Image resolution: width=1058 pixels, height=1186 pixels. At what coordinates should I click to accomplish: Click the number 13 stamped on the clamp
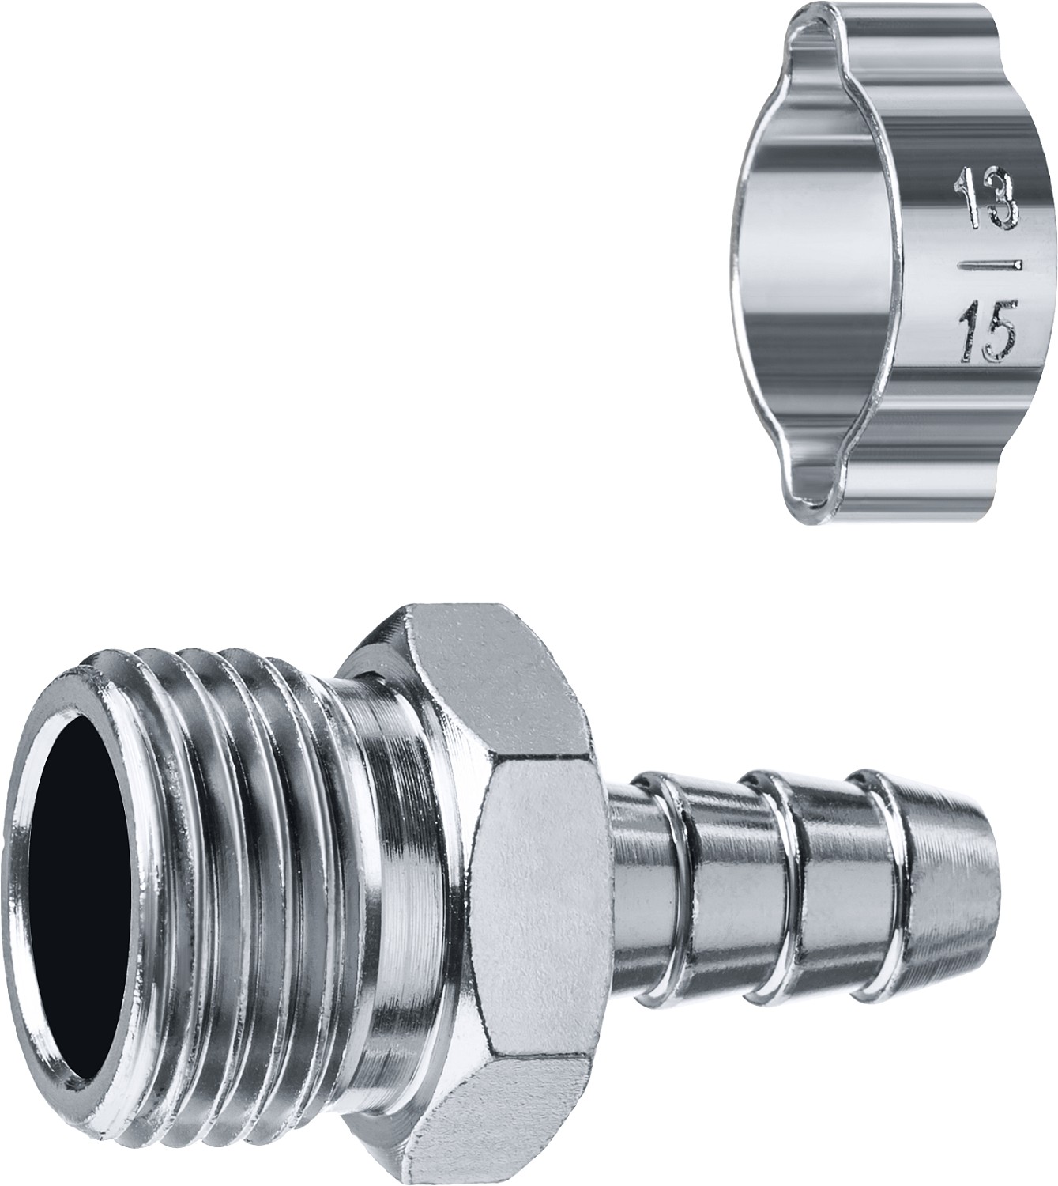pos(987,198)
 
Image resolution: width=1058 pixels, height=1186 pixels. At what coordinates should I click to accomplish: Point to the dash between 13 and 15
pos(989,266)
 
